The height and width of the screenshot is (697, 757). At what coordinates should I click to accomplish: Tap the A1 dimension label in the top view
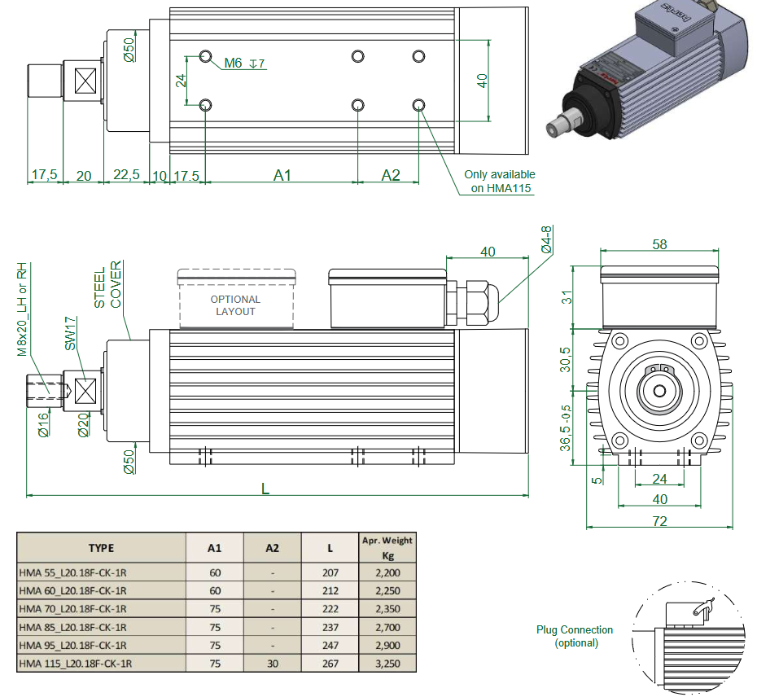point(282,175)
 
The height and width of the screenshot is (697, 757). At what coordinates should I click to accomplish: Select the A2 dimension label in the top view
point(391,175)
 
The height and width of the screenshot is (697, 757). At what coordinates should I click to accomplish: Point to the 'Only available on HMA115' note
point(500,181)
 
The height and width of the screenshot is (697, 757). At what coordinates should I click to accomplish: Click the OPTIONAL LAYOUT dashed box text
point(235,305)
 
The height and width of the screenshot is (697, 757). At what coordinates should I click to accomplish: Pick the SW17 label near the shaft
point(70,334)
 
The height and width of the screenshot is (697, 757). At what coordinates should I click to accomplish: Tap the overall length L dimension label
point(265,488)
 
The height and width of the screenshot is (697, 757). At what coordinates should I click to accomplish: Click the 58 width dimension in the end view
point(659,244)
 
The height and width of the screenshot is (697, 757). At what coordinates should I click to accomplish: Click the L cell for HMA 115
point(330,664)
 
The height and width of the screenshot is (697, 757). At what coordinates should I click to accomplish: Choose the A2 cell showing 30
point(273,664)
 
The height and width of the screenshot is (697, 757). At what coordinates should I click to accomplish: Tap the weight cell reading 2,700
point(387,627)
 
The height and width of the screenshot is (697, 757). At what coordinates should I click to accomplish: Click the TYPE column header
point(101,548)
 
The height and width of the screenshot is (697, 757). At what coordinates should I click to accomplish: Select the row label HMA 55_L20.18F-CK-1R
point(72,572)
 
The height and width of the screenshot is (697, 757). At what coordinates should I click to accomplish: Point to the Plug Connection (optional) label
point(575,636)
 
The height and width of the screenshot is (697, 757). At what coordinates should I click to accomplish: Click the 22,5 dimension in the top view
point(126,175)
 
